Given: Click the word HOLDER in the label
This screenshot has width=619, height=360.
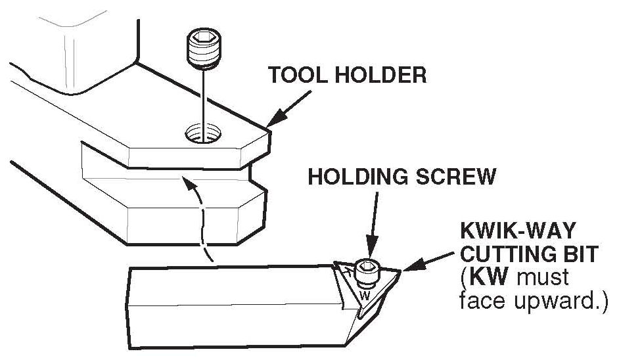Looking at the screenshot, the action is point(381,74).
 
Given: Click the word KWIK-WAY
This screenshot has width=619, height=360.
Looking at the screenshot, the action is point(518,231).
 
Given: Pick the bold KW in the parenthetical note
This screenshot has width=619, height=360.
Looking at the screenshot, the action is point(488,277).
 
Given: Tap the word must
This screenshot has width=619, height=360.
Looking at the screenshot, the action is point(543,278).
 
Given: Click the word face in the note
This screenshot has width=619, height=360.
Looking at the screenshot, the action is point(482,301).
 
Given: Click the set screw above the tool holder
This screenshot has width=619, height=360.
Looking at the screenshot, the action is point(203,47).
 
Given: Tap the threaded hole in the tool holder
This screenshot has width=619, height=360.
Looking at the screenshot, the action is point(203,133).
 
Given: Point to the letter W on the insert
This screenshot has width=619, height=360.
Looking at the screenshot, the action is point(365,296).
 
